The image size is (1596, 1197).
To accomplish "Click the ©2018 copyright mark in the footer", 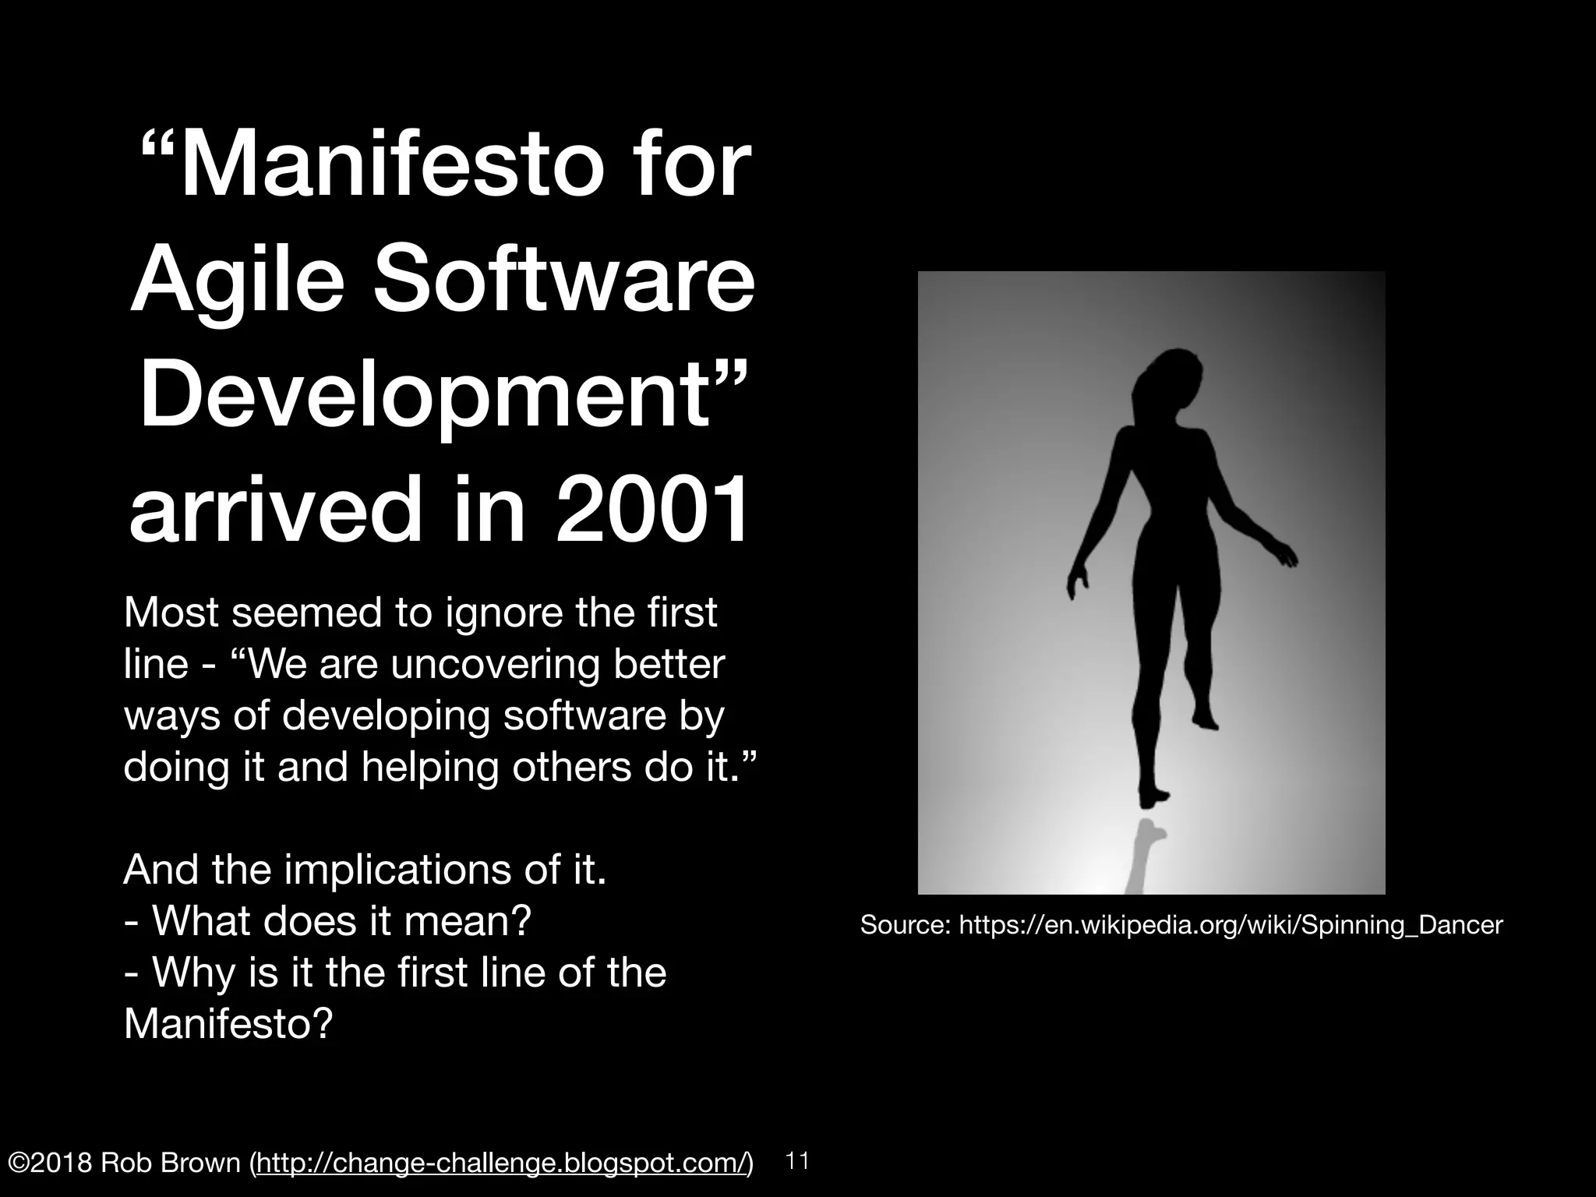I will [x=48, y=1163].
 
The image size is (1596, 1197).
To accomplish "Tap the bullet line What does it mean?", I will [x=327, y=921].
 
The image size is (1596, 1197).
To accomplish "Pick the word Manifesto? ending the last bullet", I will [x=228, y=1024].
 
